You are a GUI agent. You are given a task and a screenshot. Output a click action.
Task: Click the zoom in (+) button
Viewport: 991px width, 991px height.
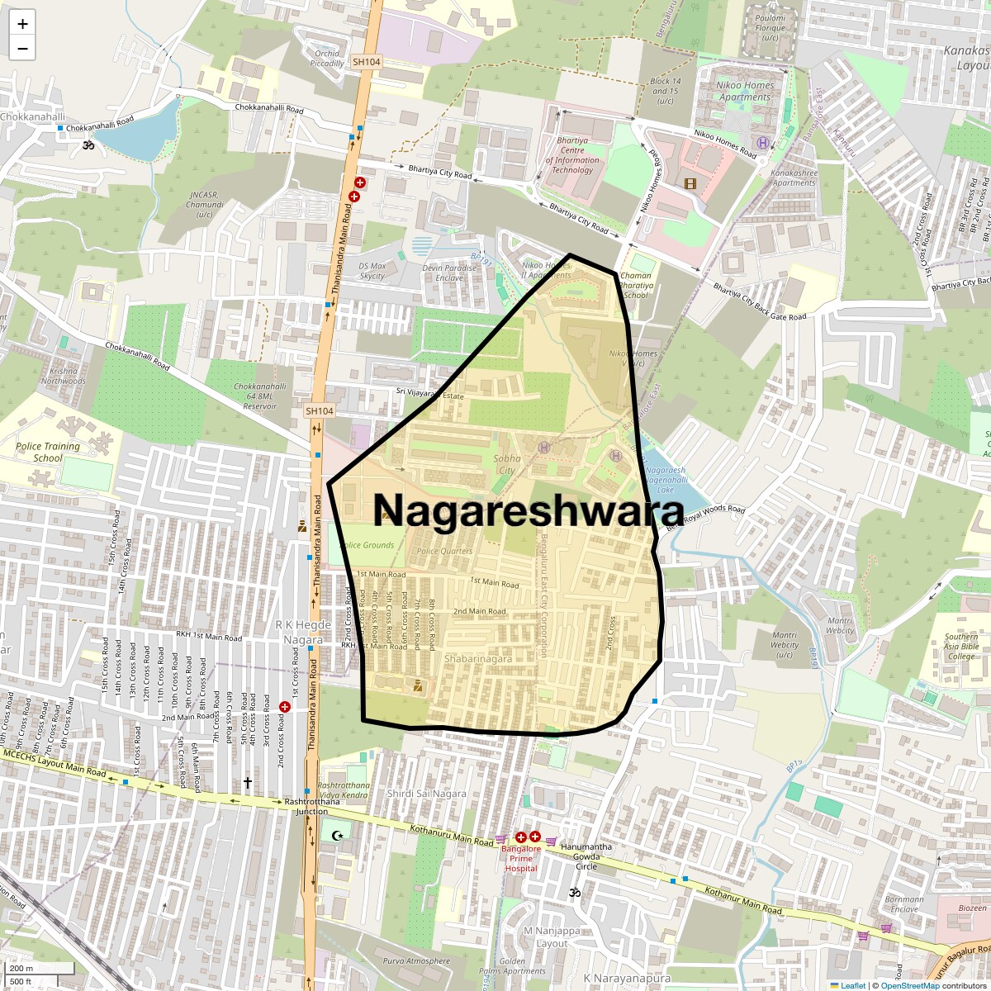22,24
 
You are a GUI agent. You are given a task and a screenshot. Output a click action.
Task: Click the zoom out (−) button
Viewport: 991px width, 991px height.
22,49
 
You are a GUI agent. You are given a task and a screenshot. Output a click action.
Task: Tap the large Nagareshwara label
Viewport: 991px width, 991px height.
529,510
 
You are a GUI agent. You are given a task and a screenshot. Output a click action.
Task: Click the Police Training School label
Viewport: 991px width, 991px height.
48,452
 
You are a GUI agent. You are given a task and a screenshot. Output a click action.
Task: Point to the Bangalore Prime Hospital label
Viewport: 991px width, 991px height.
521,858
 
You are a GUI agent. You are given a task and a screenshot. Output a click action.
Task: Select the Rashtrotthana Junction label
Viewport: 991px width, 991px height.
312,806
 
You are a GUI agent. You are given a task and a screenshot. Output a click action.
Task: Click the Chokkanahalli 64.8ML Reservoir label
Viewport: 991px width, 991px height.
260,396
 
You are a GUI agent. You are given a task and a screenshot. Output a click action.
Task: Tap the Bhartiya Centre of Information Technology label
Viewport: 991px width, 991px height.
572,155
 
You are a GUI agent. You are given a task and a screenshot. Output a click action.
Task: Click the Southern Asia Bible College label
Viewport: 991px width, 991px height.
961,647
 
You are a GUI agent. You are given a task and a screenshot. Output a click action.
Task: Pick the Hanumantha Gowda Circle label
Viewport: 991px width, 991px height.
586,856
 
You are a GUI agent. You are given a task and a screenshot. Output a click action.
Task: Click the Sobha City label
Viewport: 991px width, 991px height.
506,464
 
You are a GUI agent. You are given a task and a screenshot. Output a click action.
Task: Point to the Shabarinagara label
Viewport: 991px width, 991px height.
477,659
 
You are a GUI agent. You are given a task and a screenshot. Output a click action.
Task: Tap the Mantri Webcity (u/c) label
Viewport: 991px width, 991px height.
785,645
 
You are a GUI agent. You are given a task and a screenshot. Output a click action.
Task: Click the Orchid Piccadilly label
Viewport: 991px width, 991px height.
327,59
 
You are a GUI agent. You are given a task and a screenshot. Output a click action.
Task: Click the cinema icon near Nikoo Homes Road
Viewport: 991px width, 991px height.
690,183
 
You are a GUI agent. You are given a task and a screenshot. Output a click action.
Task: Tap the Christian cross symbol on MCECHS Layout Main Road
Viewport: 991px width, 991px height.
246,782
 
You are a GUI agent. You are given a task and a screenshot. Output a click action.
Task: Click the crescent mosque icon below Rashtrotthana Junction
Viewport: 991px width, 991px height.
336,836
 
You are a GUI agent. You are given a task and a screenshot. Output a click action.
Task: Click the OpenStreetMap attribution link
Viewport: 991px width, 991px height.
909,985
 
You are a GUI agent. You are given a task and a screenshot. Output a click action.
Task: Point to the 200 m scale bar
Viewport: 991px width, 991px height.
39,969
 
